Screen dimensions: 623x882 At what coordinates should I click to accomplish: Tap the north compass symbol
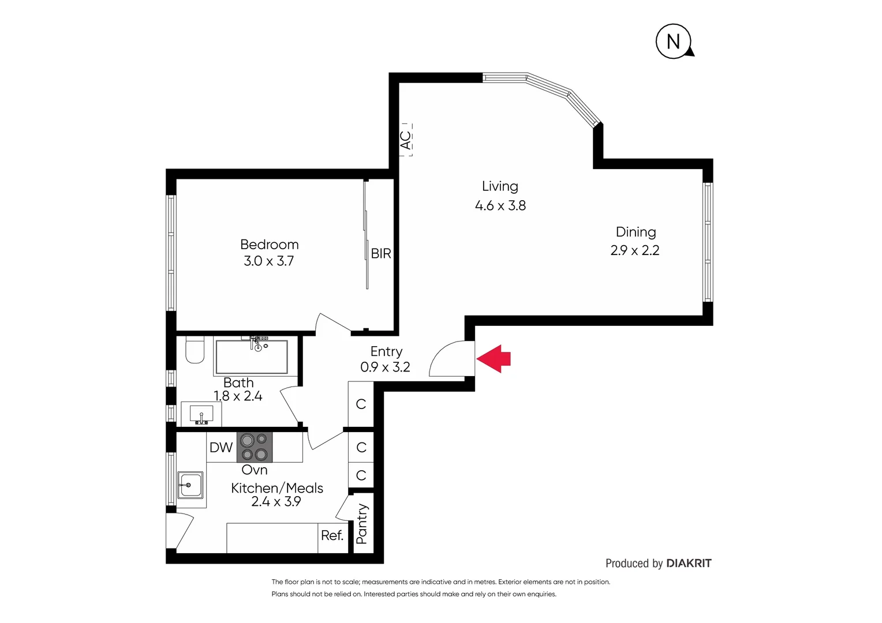(x=673, y=42)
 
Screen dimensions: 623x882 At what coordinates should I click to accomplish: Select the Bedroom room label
(x=269, y=245)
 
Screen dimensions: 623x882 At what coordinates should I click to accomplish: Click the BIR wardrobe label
(x=381, y=253)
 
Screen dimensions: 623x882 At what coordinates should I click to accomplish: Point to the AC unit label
(x=406, y=140)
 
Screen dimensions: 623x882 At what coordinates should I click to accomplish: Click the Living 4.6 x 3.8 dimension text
(x=500, y=205)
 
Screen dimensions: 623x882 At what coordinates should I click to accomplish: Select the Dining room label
(x=636, y=232)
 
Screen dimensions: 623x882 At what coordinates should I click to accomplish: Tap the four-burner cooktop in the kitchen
(x=255, y=447)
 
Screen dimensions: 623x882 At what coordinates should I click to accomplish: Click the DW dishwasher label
(x=221, y=447)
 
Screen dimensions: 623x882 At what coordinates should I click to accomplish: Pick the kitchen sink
(x=190, y=485)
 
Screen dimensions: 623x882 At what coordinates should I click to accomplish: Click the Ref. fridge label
(x=332, y=535)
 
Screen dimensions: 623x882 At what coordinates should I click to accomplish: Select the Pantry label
(x=362, y=524)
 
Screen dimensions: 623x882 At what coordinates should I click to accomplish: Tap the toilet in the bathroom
(x=195, y=350)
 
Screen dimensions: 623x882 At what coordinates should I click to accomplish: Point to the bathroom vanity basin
(x=201, y=414)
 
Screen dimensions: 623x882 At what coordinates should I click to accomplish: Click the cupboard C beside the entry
(x=361, y=404)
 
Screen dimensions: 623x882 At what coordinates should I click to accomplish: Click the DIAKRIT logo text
(x=689, y=563)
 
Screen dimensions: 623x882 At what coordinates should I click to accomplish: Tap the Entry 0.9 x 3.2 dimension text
(x=385, y=367)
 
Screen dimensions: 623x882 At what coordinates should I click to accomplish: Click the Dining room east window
(x=708, y=242)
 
